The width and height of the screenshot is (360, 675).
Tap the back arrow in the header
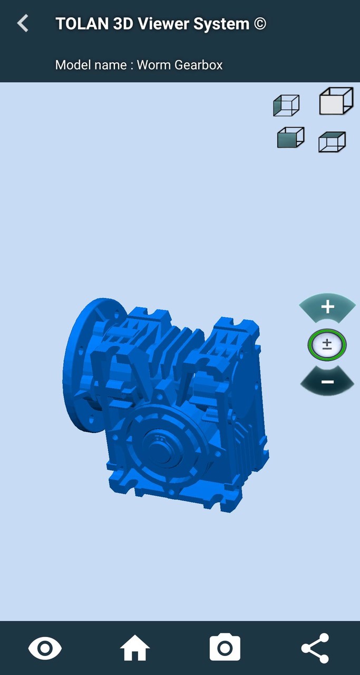point(23,23)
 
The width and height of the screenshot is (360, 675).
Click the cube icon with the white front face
point(336,101)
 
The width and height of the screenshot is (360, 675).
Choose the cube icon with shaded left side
point(286,105)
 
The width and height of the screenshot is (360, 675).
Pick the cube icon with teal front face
point(290,138)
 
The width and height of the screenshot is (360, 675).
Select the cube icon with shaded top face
point(332,142)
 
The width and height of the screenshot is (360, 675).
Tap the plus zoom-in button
point(327,307)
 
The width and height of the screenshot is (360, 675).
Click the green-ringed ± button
point(327,345)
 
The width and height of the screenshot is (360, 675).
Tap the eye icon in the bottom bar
point(45,648)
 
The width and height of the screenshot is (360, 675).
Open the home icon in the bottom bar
point(135,648)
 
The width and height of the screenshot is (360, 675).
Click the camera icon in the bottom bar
point(225,648)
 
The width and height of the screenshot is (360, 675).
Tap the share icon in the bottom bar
point(315,648)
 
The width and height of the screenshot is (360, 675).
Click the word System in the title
point(225,24)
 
